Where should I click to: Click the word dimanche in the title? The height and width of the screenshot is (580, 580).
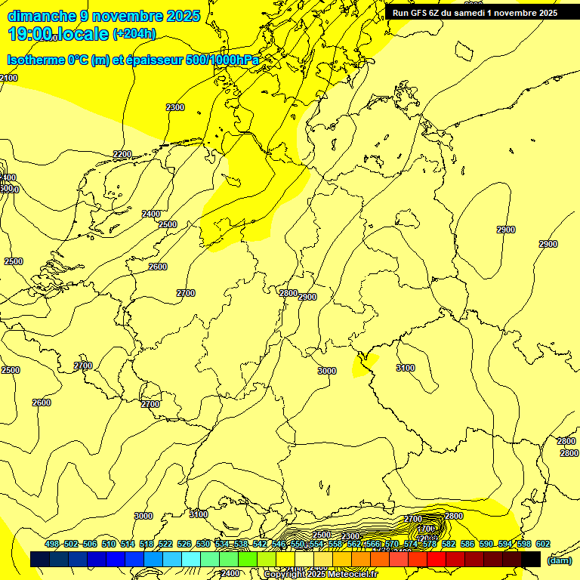coord(42,16)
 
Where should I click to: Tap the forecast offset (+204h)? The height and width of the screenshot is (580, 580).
coord(134,33)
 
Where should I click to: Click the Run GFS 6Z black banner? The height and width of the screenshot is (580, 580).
coord(475,12)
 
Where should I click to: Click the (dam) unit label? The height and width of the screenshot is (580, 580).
coord(559,560)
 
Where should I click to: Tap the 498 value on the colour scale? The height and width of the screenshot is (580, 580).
coord(51,545)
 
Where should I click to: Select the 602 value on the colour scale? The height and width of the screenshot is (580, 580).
coord(542,545)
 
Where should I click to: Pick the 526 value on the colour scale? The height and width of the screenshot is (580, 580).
coord(184,545)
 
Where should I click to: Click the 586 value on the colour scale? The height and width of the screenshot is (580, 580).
coord(467,545)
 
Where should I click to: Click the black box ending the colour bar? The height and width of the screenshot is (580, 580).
coord(531,559)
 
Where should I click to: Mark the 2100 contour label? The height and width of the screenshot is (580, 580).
coord(8,78)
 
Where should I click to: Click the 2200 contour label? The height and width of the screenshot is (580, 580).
coord(122,154)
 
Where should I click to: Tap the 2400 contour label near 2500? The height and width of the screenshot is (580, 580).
coord(151,214)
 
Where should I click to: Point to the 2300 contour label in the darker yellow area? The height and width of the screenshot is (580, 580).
coord(174,107)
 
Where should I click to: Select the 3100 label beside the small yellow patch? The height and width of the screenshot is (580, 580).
coord(405,368)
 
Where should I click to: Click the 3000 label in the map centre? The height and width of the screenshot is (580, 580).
coord(326,371)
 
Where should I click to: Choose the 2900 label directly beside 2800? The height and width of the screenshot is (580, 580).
coord(307,297)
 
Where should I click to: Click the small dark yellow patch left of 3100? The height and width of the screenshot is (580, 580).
coord(362,366)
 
